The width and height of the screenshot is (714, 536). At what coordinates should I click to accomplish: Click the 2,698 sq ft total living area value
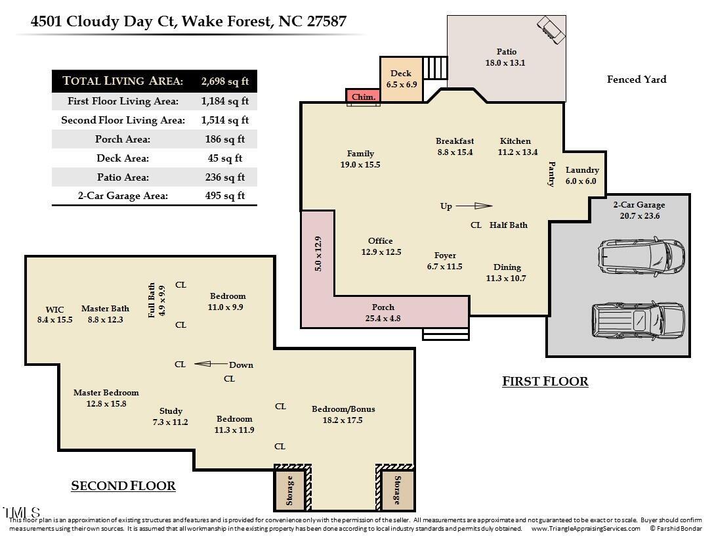[x=225, y=81]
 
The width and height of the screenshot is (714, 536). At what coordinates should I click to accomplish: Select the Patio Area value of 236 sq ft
[x=225, y=177]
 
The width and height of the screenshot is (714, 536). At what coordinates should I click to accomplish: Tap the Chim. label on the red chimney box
[x=364, y=97]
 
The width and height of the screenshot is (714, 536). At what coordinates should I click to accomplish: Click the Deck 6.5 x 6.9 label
[x=401, y=79]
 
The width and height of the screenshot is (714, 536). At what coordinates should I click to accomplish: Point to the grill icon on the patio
[x=551, y=30]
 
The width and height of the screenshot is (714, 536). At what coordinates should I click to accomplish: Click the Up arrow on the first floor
[x=474, y=206]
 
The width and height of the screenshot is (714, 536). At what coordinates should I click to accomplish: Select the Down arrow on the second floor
[x=211, y=364]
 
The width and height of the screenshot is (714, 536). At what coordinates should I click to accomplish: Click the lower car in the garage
[x=638, y=320]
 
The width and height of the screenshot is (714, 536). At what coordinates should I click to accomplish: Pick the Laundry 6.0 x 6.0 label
[x=581, y=175]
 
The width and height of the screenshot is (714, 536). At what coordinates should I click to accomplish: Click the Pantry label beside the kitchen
[x=551, y=173]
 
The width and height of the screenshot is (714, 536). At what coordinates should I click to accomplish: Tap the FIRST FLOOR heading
[x=545, y=382]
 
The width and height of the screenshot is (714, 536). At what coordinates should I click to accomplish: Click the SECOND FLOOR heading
[x=123, y=486]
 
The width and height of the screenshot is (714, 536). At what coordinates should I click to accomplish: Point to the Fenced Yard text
[x=637, y=79]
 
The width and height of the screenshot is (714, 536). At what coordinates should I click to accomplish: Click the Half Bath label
[x=508, y=225]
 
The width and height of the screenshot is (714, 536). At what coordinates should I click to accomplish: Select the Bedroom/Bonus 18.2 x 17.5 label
[x=343, y=414]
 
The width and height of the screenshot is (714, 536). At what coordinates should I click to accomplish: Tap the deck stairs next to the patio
[x=435, y=68]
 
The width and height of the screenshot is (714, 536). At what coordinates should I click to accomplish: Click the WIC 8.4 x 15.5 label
[x=54, y=315]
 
